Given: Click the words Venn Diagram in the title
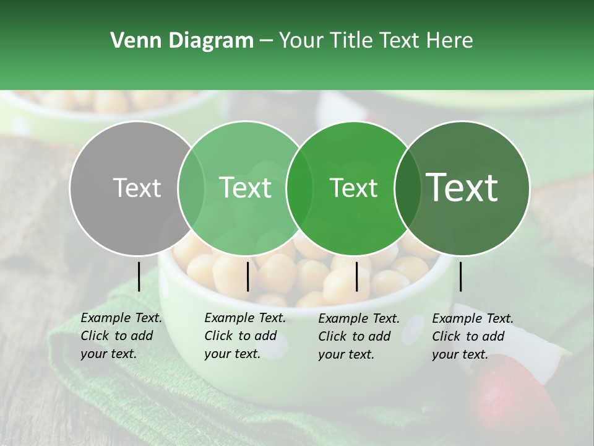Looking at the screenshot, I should pyautogui.click(x=182, y=41).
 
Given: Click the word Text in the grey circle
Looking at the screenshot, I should pyautogui.click(x=137, y=188).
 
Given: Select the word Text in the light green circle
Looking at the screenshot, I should pyautogui.click(x=245, y=188).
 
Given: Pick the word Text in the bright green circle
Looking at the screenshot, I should pyautogui.click(x=353, y=188).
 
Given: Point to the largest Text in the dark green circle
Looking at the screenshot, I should pyautogui.click(x=462, y=188).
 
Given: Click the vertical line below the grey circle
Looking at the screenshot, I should pyautogui.click(x=139, y=276).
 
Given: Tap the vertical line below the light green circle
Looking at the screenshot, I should pyautogui.click(x=247, y=276).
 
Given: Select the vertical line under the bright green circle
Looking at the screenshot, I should pyautogui.click(x=356, y=276).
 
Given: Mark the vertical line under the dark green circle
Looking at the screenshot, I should pyautogui.click(x=460, y=276).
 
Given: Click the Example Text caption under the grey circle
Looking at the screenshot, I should pyautogui.click(x=121, y=336).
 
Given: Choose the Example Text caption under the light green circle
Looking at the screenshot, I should pyautogui.click(x=245, y=336).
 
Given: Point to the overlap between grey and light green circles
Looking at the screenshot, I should pyautogui.click(x=191, y=188).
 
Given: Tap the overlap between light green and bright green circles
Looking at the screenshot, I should pyautogui.click(x=299, y=188).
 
